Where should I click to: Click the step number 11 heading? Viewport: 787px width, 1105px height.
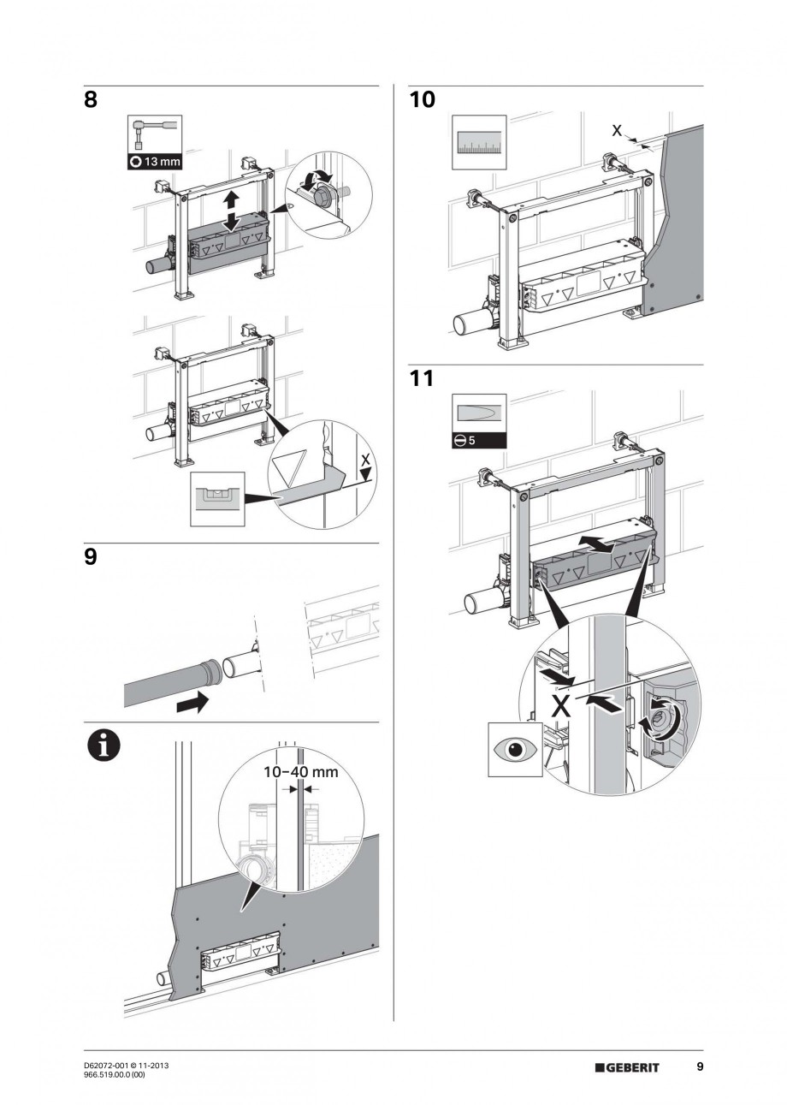[422, 378]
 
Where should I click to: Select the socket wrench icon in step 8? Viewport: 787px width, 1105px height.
[154, 134]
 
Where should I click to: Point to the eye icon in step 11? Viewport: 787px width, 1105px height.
[514, 749]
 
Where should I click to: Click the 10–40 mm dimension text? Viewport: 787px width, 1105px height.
[300, 772]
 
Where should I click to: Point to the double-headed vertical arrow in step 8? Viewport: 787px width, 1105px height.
[229, 210]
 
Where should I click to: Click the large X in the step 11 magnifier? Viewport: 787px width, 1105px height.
[560, 706]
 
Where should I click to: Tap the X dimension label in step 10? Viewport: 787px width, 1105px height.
[617, 130]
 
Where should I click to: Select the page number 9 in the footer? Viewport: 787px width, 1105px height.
[699, 1066]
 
